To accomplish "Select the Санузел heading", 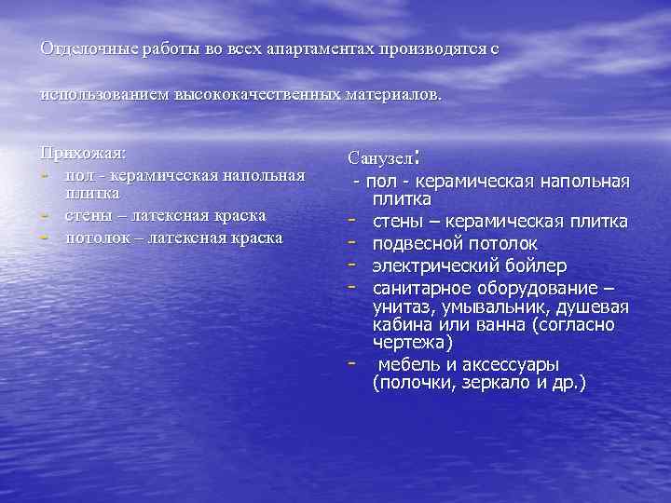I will (x=380, y=159).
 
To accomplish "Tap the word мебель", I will (x=407, y=364).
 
